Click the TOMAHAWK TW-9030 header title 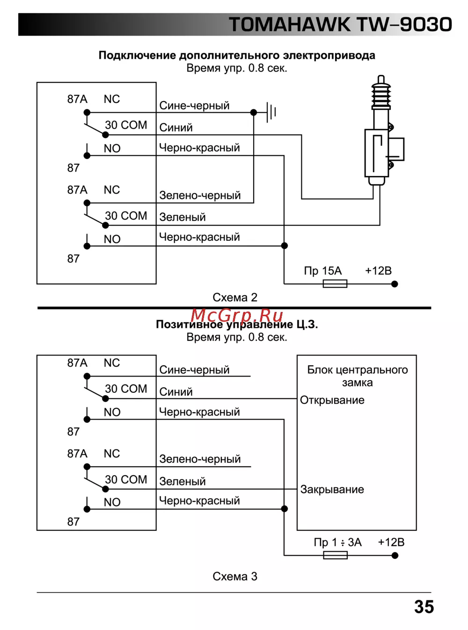pyautogui.click(x=340, y=24)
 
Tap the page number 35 pyautogui.click(x=424, y=607)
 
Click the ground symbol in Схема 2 pyautogui.click(x=271, y=112)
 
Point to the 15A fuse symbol pyautogui.click(x=335, y=283)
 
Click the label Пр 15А pyautogui.click(x=323, y=271)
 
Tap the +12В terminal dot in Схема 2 pyautogui.click(x=395, y=284)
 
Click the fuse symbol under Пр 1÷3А pyautogui.click(x=335, y=555)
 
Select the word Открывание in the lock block pyautogui.click(x=332, y=400)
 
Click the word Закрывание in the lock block pyautogui.click(x=332, y=490)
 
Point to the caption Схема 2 pyautogui.click(x=235, y=297)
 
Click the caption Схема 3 pyautogui.click(x=235, y=576)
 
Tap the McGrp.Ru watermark pyautogui.click(x=237, y=316)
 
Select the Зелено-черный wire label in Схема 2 pyautogui.click(x=200, y=196)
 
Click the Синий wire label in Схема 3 pyautogui.click(x=176, y=392)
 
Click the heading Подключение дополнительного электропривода pyautogui.click(x=237, y=55)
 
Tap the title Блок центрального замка pyautogui.click(x=357, y=376)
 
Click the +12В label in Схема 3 pyautogui.click(x=391, y=542)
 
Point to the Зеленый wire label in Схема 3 pyautogui.click(x=183, y=481)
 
